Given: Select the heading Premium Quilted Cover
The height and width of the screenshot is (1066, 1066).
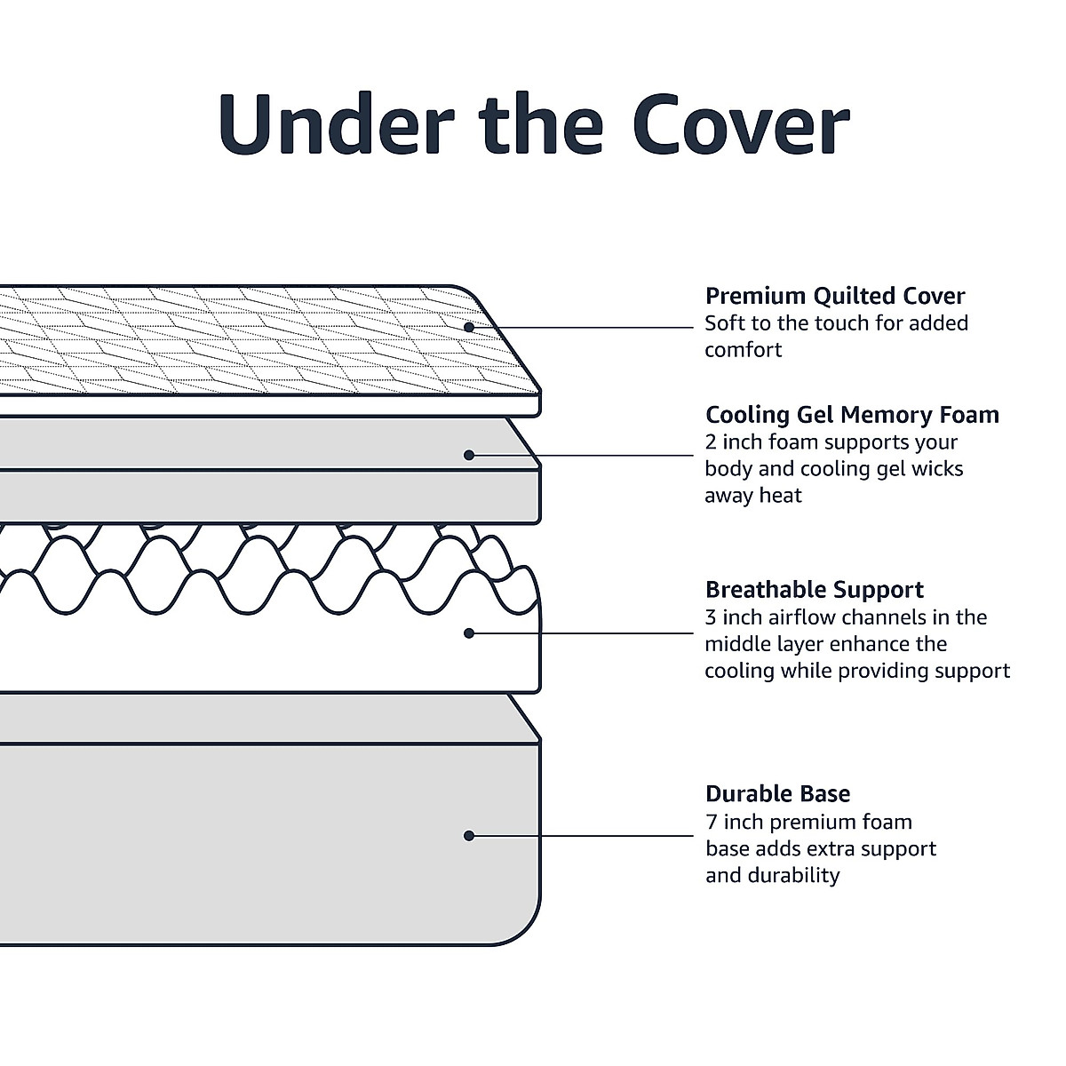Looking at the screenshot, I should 834,296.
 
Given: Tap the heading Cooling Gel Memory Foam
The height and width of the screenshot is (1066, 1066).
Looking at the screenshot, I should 852,415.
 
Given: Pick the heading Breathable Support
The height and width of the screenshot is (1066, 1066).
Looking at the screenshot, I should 814,590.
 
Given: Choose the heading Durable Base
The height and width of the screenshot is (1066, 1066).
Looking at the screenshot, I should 777,793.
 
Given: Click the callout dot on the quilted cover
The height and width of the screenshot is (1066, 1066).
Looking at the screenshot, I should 469,327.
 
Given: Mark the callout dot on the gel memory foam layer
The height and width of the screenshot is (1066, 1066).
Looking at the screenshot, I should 469,455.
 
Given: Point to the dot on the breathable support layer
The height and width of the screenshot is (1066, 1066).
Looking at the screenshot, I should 469,633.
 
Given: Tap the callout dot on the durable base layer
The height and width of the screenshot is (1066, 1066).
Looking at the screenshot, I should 469,835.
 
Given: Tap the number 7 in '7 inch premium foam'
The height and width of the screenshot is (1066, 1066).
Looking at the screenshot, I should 712,822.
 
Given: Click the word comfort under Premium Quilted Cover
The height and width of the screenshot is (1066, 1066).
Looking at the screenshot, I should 744,350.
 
